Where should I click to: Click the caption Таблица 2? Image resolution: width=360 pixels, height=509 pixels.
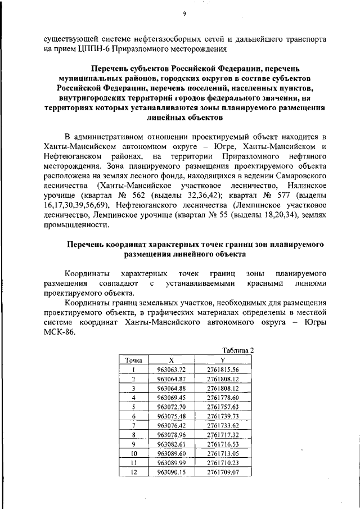[238, 350]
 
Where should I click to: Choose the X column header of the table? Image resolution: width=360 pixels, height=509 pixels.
[172, 360]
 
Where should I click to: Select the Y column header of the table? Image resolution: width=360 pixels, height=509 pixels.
[223, 360]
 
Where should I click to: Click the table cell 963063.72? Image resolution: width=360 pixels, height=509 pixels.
[171, 370]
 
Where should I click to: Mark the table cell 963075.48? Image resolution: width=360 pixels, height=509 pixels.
[171, 416]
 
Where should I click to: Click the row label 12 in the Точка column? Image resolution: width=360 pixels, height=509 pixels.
[133, 472]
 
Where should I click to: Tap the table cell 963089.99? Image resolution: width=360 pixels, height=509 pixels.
[171, 463]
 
